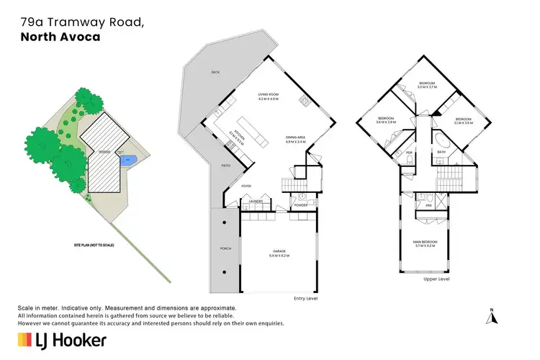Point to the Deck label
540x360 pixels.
click(x=215, y=72)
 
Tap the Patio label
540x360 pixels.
click(x=225, y=165)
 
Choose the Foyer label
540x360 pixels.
click(x=246, y=186)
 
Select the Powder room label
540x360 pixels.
click(x=300, y=205)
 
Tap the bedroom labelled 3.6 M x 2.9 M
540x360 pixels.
click(x=386, y=120)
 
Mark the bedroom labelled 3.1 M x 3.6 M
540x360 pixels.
click(x=463, y=121)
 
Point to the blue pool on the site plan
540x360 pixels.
click(x=129, y=159)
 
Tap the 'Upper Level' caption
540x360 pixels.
click(x=436, y=279)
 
